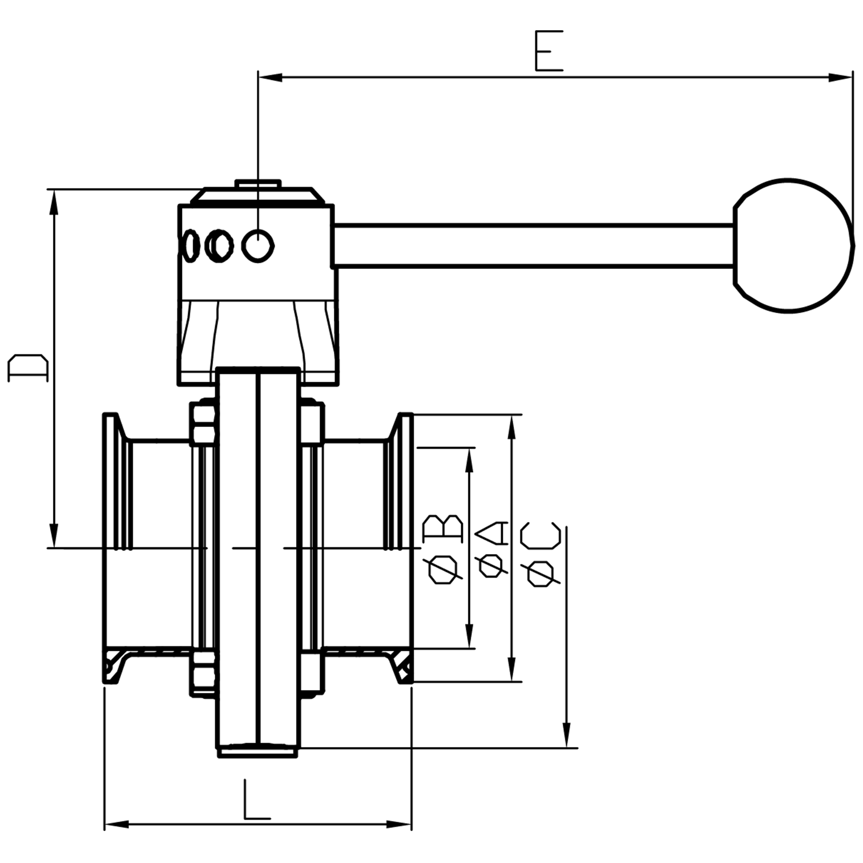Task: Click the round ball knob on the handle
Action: pyautogui.click(x=793, y=245)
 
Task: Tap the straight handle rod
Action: pyautogui.click(x=533, y=246)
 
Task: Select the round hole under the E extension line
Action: pyautogui.click(x=258, y=246)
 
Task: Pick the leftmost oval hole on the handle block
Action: pyautogui.click(x=189, y=246)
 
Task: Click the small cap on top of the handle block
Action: pyautogui.click(x=258, y=184)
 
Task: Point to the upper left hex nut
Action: pyautogui.click(x=203, y=423)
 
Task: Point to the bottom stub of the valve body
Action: pyautogui.click(x=258, y=752)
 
